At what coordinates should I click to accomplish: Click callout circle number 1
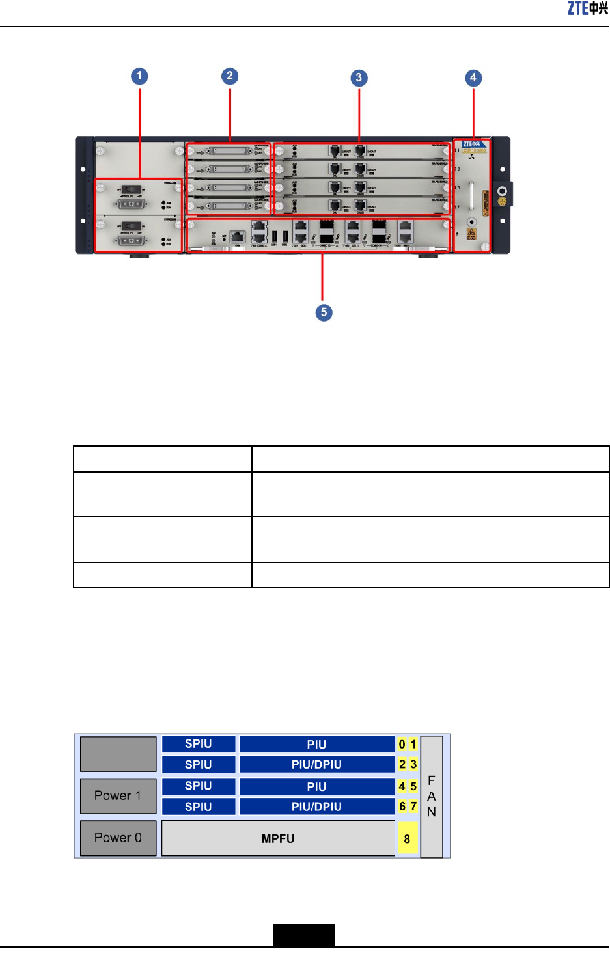tap(139, 76)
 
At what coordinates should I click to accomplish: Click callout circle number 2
tap(229, 76)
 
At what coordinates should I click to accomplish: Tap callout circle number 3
tap(359, 78)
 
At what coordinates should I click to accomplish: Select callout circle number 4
tap(473, 78)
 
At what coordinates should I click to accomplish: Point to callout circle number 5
tap(324, 312)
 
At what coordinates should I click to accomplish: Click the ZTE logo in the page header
tap(587, 8)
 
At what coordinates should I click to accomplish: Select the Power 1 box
tap(118, 795)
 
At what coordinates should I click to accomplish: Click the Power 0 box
tap(118, 838)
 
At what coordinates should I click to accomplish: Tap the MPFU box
tap(278, 838)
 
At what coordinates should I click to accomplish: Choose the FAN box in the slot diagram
tap(432, 796)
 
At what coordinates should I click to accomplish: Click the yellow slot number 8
tap(407, 839)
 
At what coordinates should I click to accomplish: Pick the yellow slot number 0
tap(402, 744)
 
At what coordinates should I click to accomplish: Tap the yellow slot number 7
tap(413, 807)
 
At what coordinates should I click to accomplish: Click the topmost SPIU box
tap(199, 744)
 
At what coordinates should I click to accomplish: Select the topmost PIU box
tap(316, 744)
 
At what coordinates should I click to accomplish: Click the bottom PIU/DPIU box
tap(316, 807)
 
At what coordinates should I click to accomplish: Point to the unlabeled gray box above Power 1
tap(118, 754)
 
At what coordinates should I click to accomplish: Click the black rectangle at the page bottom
tap(304, 935)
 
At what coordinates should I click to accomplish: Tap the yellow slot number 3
tap(413, 764)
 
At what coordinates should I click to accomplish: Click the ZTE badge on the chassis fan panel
tap(471, 144)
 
